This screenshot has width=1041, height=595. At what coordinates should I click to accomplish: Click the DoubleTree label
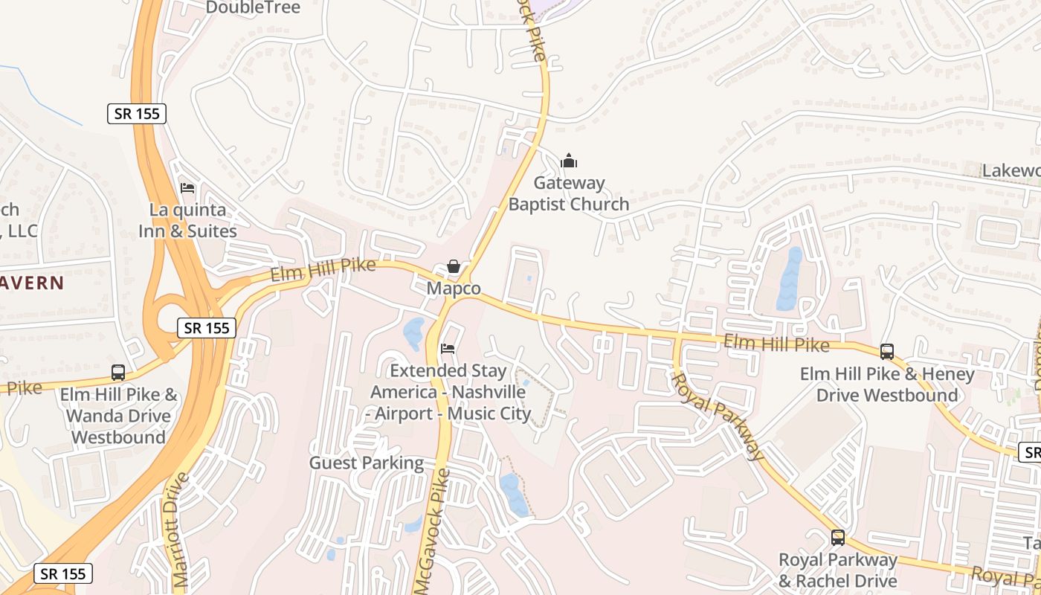coord(253,7)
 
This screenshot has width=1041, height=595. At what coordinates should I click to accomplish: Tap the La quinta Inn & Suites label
coord(187,220)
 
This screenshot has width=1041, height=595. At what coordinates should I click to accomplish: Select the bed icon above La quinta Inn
coord(187,188)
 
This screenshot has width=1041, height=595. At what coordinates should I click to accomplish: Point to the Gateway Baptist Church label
coord(569,193)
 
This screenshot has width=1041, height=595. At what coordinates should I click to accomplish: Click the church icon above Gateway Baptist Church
coord(569,161)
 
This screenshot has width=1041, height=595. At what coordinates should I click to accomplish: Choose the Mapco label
coord(454,288)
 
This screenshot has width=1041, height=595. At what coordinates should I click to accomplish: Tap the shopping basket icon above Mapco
coord(454,266)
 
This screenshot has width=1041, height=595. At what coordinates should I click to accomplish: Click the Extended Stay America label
coord(451,392)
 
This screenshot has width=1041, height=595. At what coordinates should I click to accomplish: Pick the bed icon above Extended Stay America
coord(448,348)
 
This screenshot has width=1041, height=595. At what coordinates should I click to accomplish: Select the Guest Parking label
coord(367,463)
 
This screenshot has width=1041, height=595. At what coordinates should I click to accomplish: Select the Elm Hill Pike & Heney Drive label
coord(887,385)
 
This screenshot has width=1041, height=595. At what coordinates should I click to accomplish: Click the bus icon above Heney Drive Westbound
coord(887,352)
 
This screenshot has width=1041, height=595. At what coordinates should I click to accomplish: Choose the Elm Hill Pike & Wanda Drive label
coord(119,416)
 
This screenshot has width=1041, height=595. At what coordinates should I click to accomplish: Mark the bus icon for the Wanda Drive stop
coord(118,373)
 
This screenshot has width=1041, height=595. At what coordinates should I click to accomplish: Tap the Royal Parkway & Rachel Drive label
coord(838,570)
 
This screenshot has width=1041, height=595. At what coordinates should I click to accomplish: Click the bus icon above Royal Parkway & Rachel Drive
coord(838,537)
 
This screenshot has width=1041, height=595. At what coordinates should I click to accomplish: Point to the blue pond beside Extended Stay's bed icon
coord(413,333)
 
